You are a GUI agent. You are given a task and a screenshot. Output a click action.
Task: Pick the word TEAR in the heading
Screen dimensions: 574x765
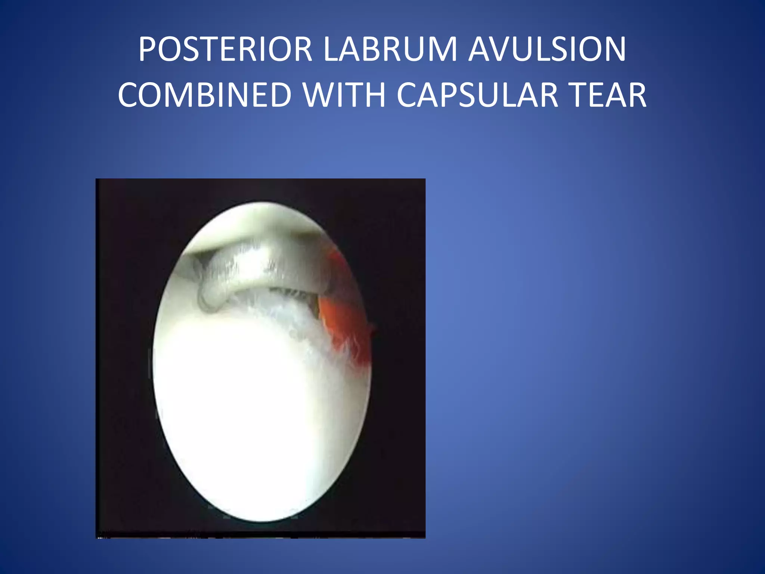click(x=609, y=95)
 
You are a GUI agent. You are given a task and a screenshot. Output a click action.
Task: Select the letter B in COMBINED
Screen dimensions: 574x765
click(x=217, y=95)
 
